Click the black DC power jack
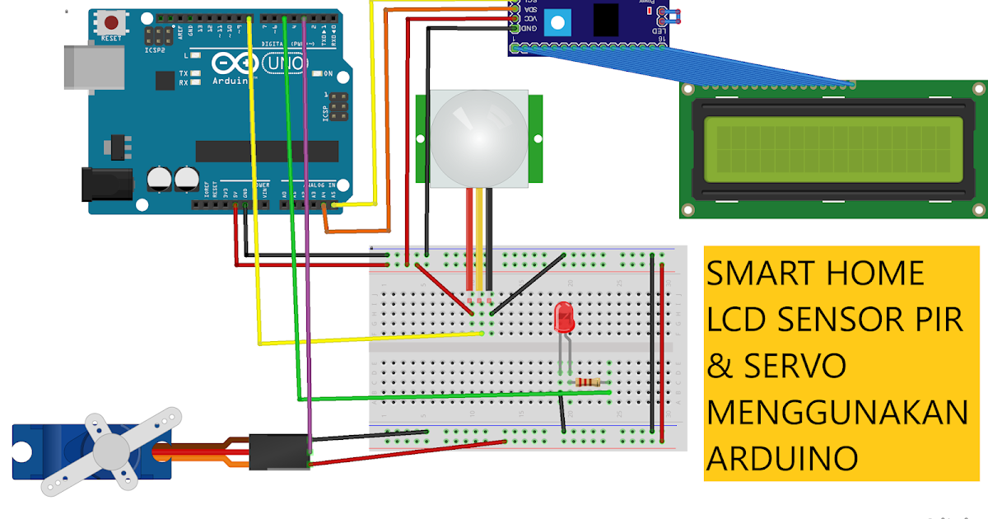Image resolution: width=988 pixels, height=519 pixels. pos(107,183)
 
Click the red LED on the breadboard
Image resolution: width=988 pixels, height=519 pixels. pos(564,318)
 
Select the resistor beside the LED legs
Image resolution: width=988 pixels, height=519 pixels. pos(588,382)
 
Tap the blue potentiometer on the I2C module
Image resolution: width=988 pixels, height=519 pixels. pos(557,21)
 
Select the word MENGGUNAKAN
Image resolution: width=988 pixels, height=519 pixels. pos(837,412)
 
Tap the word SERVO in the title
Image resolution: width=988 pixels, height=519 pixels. pos(796,366)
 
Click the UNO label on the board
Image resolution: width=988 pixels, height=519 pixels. pos(282,63)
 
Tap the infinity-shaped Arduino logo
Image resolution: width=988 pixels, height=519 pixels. pos(231,63)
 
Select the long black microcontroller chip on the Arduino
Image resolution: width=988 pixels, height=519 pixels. pos(267,151)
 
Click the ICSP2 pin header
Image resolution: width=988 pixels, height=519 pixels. pos(156,35)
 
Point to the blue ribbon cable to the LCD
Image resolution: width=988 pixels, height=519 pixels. pos(683,66)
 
